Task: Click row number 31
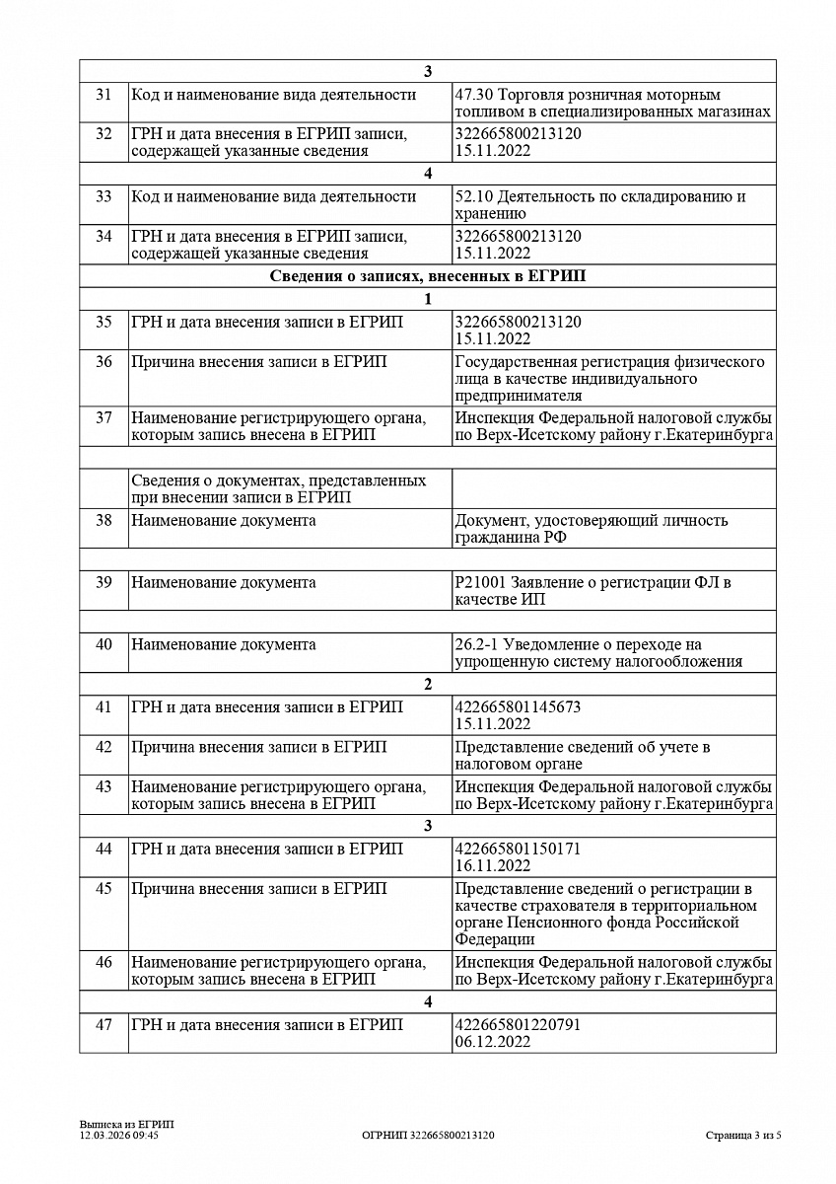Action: (104, 96)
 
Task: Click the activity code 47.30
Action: (474, 96)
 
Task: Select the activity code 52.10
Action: (474, 196)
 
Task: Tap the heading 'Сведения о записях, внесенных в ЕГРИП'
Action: (427, 276)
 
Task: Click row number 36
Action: (104, 362)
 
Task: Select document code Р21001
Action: (477, 583)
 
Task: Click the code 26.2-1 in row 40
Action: (476, 645)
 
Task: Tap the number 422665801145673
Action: (518, 707)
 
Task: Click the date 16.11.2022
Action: (492, 866)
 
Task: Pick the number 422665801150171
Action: (518, 849)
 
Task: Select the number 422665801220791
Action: (518, 1025)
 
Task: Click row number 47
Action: (104, 1025)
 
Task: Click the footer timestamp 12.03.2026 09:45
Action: (119, 1136)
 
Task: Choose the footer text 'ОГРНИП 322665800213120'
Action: (428, 1136)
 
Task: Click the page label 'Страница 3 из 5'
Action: (743, 1136)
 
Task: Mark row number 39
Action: (104, 583)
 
